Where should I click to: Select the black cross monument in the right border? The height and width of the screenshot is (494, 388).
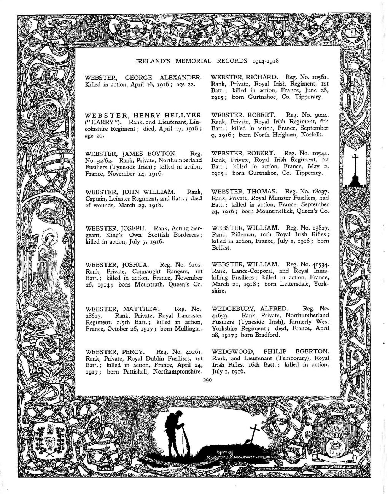[x=355, y=171]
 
